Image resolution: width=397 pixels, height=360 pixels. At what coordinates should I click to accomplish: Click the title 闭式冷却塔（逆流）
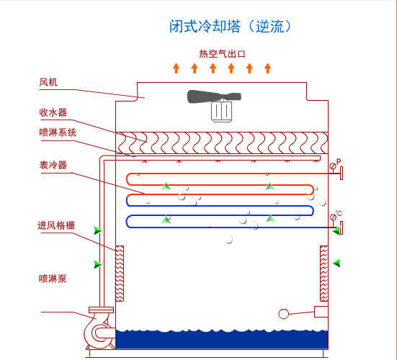229,27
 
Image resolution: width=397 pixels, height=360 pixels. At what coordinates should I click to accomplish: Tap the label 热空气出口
223,54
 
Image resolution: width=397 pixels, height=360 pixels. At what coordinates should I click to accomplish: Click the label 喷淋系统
58,132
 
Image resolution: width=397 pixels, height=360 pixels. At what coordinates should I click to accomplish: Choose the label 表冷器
53,165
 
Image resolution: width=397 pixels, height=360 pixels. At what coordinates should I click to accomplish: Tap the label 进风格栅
56,225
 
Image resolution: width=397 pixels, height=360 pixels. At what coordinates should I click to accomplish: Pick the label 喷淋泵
53,279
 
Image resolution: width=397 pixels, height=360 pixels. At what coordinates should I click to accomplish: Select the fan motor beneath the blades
220,111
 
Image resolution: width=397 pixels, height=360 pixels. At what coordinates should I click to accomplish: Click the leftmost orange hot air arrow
177,68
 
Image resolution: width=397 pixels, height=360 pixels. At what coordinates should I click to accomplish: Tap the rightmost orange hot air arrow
268,68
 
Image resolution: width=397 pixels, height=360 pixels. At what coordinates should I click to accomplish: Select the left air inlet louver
120,274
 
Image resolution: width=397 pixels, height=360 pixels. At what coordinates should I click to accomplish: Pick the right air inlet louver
324,274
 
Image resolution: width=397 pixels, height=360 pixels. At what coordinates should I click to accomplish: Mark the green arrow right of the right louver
336,263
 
